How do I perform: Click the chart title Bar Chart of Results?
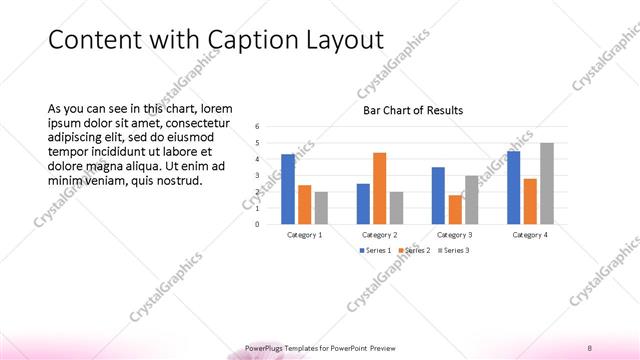click(x=412, y=110)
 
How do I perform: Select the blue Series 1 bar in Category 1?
click(x=288, y=189)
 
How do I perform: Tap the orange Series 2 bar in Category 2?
click(x=379, y=188)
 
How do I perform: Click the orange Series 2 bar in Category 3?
click(x=455, y=209)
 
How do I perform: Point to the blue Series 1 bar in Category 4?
click(x=513, y=187)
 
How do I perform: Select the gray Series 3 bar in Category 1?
click(x=321, y=207)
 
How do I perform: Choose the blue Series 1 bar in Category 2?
click(x=363, y=203)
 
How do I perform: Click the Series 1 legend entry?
click(x=375, y=250)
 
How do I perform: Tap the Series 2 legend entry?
click(x=415, y=250)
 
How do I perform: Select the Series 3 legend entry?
click(x=455, y=250)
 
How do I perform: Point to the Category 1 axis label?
click(x=304, y=234)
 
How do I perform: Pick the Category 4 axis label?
click(x=530, y=234)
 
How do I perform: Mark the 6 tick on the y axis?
click(x=258, y=126)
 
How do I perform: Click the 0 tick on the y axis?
click(x=258, y=224)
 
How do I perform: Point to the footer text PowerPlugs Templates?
click(x=290, y=348)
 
